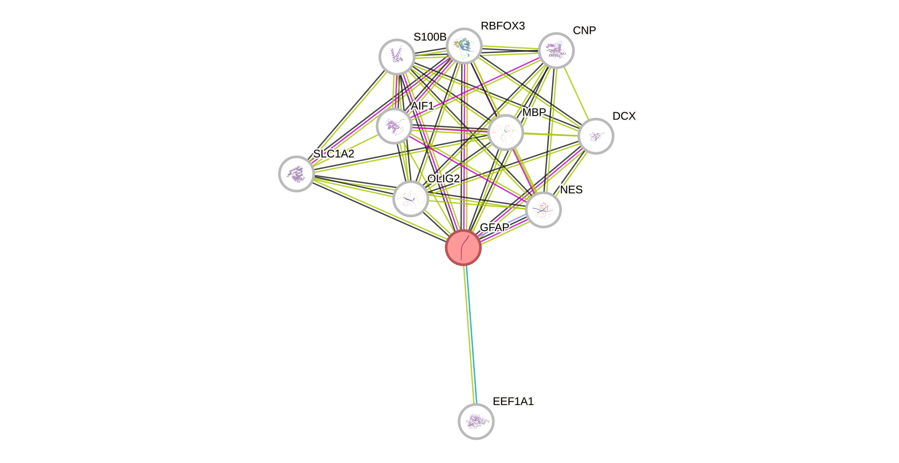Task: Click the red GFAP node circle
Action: pos(463,248)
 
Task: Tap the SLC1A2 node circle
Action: pos(296,174)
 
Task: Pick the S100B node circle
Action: pos(397,57)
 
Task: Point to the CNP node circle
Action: pos(556,50)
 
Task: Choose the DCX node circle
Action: pos(596,136)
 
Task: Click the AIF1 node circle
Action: pos(394,126)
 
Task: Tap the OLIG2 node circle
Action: pos(410,199)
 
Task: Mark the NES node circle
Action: pos(543,210)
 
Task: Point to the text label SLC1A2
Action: pos(334,154)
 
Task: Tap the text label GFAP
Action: pos(494,227)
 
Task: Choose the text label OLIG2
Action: pos(444,179)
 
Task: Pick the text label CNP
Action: pos(584,30)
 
